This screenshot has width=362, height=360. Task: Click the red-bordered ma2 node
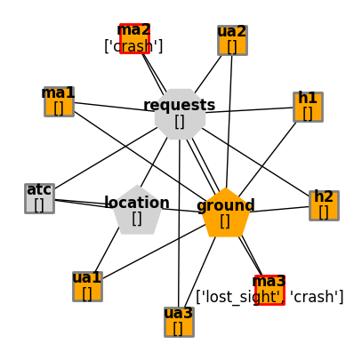click(134, 39)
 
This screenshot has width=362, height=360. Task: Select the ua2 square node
click(232, 40)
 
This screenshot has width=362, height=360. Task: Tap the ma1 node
click(59, 101)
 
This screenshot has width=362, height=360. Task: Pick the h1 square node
click(308, 107)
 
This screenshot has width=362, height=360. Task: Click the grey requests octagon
click(180, 114)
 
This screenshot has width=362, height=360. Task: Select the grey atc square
click(39, 198)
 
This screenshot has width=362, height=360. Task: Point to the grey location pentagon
click(137, 211)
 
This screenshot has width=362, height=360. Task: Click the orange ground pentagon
click(225, 213)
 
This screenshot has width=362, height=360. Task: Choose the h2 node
click(324, 205)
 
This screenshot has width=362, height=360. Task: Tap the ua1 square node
click(87, 286)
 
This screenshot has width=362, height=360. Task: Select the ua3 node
click(179, 322)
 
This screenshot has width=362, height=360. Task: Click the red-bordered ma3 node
click(269, 290)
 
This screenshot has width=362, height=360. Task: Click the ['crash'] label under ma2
click(133, 46)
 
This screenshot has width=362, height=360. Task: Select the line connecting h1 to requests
click(249, 110)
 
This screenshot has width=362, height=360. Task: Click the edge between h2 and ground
click(279, 209)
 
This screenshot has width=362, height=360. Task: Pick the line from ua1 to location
click(107, 250)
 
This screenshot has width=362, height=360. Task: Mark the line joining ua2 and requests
click(208, 74)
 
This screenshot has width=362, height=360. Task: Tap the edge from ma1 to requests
click(114, 107)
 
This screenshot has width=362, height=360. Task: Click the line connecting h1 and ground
click(267, 159)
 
